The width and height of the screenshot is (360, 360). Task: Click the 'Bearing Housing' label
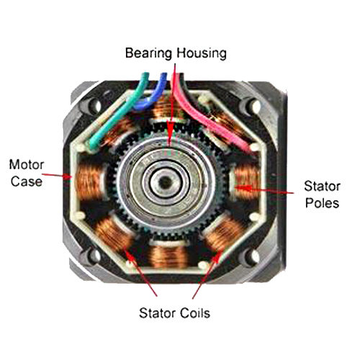pos(176,53)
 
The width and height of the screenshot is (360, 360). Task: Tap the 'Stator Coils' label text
pos(174,313)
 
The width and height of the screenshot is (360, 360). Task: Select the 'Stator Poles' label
pos(322,194)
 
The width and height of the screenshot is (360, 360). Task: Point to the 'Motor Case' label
pos(27,173)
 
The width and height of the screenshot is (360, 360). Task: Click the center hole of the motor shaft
pos(165,182)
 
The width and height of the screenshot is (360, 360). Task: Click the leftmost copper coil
pos(89,181)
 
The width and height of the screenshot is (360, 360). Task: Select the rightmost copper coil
pos(246,181)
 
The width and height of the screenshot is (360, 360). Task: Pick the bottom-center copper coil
pos(170,256)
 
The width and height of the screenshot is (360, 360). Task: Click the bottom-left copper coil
pos(113,234)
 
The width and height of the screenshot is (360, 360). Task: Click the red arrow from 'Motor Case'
pos(57,176)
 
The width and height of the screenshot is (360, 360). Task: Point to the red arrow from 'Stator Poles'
pos(264,189)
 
